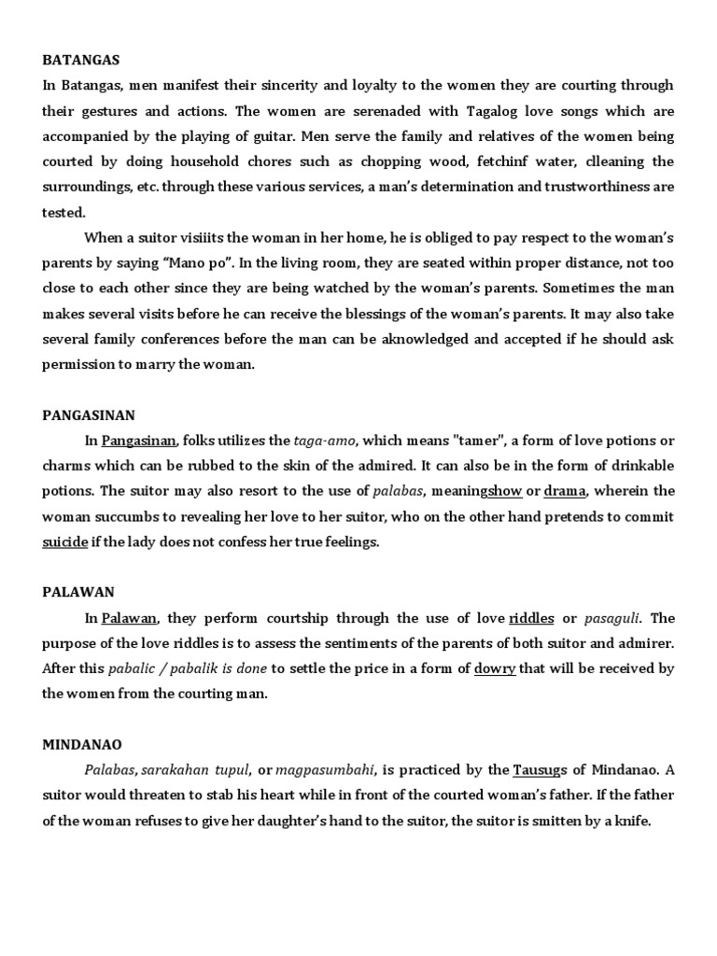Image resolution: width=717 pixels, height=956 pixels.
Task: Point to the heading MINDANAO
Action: point(81,744)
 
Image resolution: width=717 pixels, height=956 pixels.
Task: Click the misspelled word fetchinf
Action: point(500,161)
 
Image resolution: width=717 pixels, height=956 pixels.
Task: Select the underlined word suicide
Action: point(64,541)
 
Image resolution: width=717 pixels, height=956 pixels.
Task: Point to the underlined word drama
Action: point(564,491)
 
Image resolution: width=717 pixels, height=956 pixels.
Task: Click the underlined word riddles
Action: point(531,618)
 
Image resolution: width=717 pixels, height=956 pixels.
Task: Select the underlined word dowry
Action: point(495,668)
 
